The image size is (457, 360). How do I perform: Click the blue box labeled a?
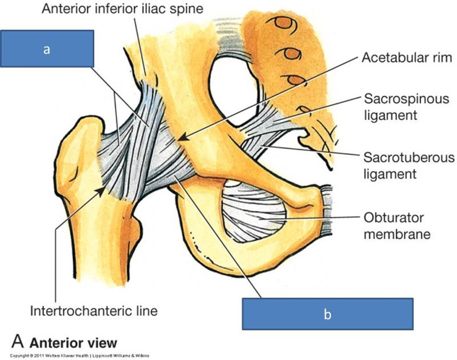(x=47, y=49)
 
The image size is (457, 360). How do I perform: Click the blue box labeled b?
(x=327, y=313)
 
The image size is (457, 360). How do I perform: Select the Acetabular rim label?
(x=407, y=58)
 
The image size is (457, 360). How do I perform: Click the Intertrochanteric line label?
(x=94, y=311)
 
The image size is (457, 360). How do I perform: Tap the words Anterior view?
(x=73, y=343)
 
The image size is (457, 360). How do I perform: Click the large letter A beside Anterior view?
(x=18, y=342)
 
